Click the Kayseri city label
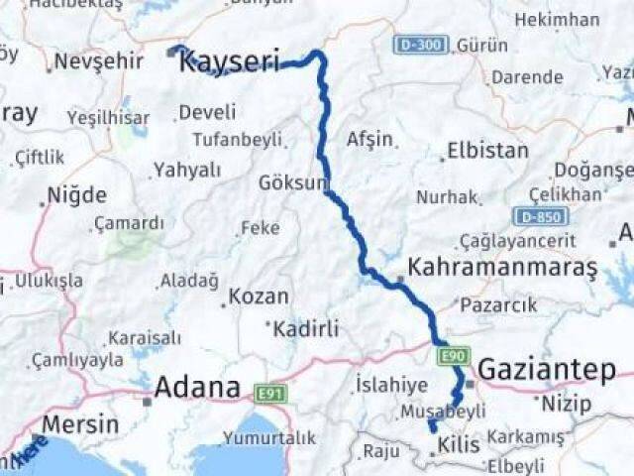tap(229, 61)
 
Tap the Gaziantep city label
tap(546, 370)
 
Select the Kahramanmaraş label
tap(503, 268)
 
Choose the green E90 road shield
tap(451, 354)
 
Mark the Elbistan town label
tap(487, 152)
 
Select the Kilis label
tap(458, 444)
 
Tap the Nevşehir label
tap(99, 61)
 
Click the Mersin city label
tap(80, 424)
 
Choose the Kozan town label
tap(259, 296)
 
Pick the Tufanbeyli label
tap(237, 139)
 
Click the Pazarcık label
tap(498, 307)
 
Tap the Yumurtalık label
tap(269, 437)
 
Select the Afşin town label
tap(370, 139)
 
